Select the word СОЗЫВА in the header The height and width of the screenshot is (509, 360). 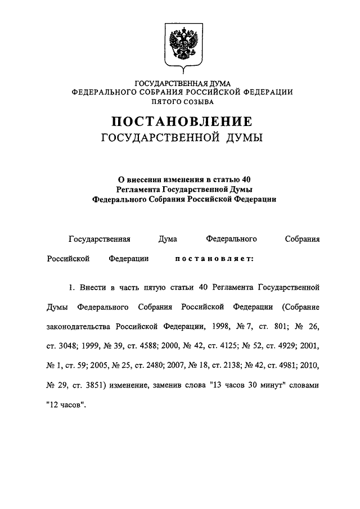[x=199, y=101]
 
